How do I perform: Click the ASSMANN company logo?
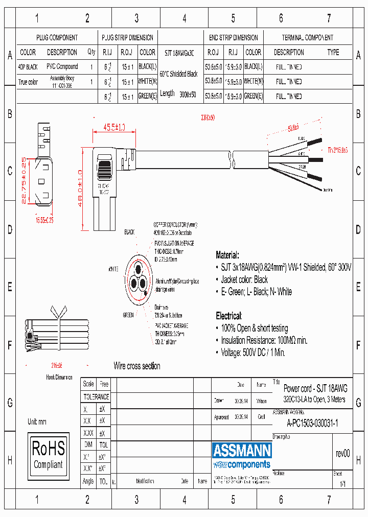[x=241, y=451]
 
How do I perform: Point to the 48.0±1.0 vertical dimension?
[x=80, y=188]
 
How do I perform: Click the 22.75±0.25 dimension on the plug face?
[x=24, y=180]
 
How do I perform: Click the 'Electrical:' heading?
[x=228, y=316]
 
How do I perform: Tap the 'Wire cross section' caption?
[x=136, y=366]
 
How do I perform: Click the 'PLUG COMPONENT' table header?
[x=57, y=38]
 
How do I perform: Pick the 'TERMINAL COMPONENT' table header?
[x=307, y=38]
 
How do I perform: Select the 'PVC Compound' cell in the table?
[x=62, y=66]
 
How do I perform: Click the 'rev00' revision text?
[x=343, y=453]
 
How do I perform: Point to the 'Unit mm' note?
[x=37, y=421]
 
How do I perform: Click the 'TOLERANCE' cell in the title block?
[x=96, y=396]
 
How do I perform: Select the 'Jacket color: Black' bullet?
[x=244, y=279]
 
